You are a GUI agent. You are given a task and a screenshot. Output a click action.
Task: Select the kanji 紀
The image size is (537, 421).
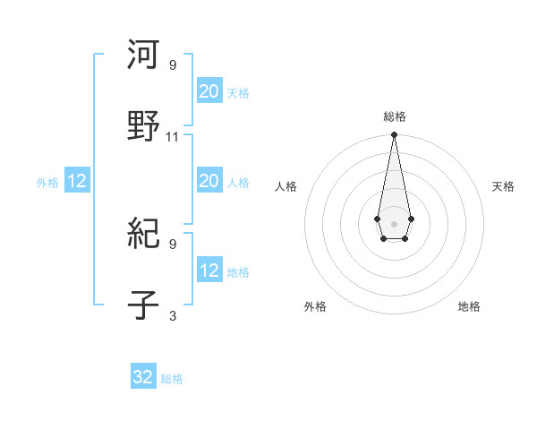144,235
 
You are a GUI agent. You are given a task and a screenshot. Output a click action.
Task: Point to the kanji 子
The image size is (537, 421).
144,306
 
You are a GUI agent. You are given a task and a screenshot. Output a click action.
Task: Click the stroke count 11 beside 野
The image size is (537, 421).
173,137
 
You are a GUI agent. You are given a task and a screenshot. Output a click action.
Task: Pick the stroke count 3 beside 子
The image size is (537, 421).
173,316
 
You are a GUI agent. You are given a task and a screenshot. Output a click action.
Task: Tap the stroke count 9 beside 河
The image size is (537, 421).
173,64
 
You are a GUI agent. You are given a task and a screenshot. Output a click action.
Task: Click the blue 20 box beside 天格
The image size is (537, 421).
209,90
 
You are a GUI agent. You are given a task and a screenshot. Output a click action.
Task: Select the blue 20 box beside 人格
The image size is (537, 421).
209,181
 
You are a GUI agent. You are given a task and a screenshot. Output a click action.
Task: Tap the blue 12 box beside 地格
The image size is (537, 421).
209,271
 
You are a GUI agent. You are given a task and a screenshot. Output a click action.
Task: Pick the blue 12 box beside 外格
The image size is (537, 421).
77,181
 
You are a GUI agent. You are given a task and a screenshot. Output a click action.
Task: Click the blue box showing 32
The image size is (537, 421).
143,377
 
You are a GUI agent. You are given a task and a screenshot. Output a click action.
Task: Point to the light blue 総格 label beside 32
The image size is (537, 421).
172,379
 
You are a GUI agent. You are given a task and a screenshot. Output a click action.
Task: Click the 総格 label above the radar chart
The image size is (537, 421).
395,116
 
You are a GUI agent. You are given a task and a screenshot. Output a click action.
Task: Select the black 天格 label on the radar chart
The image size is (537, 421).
503,186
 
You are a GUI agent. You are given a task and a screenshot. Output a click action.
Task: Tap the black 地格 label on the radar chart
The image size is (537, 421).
469,306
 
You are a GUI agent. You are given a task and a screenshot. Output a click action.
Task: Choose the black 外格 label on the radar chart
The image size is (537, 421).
315,306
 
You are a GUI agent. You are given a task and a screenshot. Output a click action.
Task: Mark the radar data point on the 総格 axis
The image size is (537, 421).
394,135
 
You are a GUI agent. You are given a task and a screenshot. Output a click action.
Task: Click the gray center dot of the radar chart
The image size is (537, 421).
394,222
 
